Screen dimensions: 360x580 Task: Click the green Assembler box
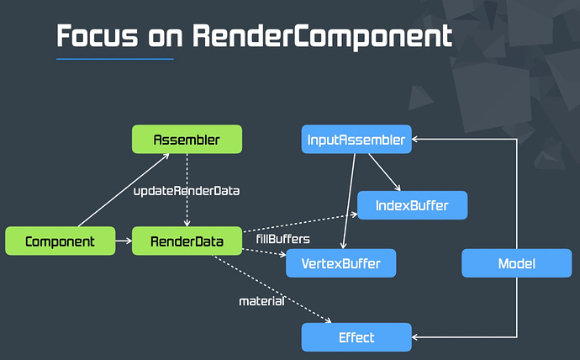187,139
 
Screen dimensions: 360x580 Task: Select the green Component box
60,242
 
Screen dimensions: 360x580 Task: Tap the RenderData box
187,242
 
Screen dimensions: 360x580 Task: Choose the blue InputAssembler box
356,139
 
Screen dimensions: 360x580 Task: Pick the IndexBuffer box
412,205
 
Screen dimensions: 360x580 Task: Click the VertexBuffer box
340,263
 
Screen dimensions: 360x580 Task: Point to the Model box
516,263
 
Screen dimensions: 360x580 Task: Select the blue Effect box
356,337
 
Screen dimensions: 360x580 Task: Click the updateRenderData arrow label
187,191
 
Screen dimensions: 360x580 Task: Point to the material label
261,300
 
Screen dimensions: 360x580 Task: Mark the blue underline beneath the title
114,59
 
